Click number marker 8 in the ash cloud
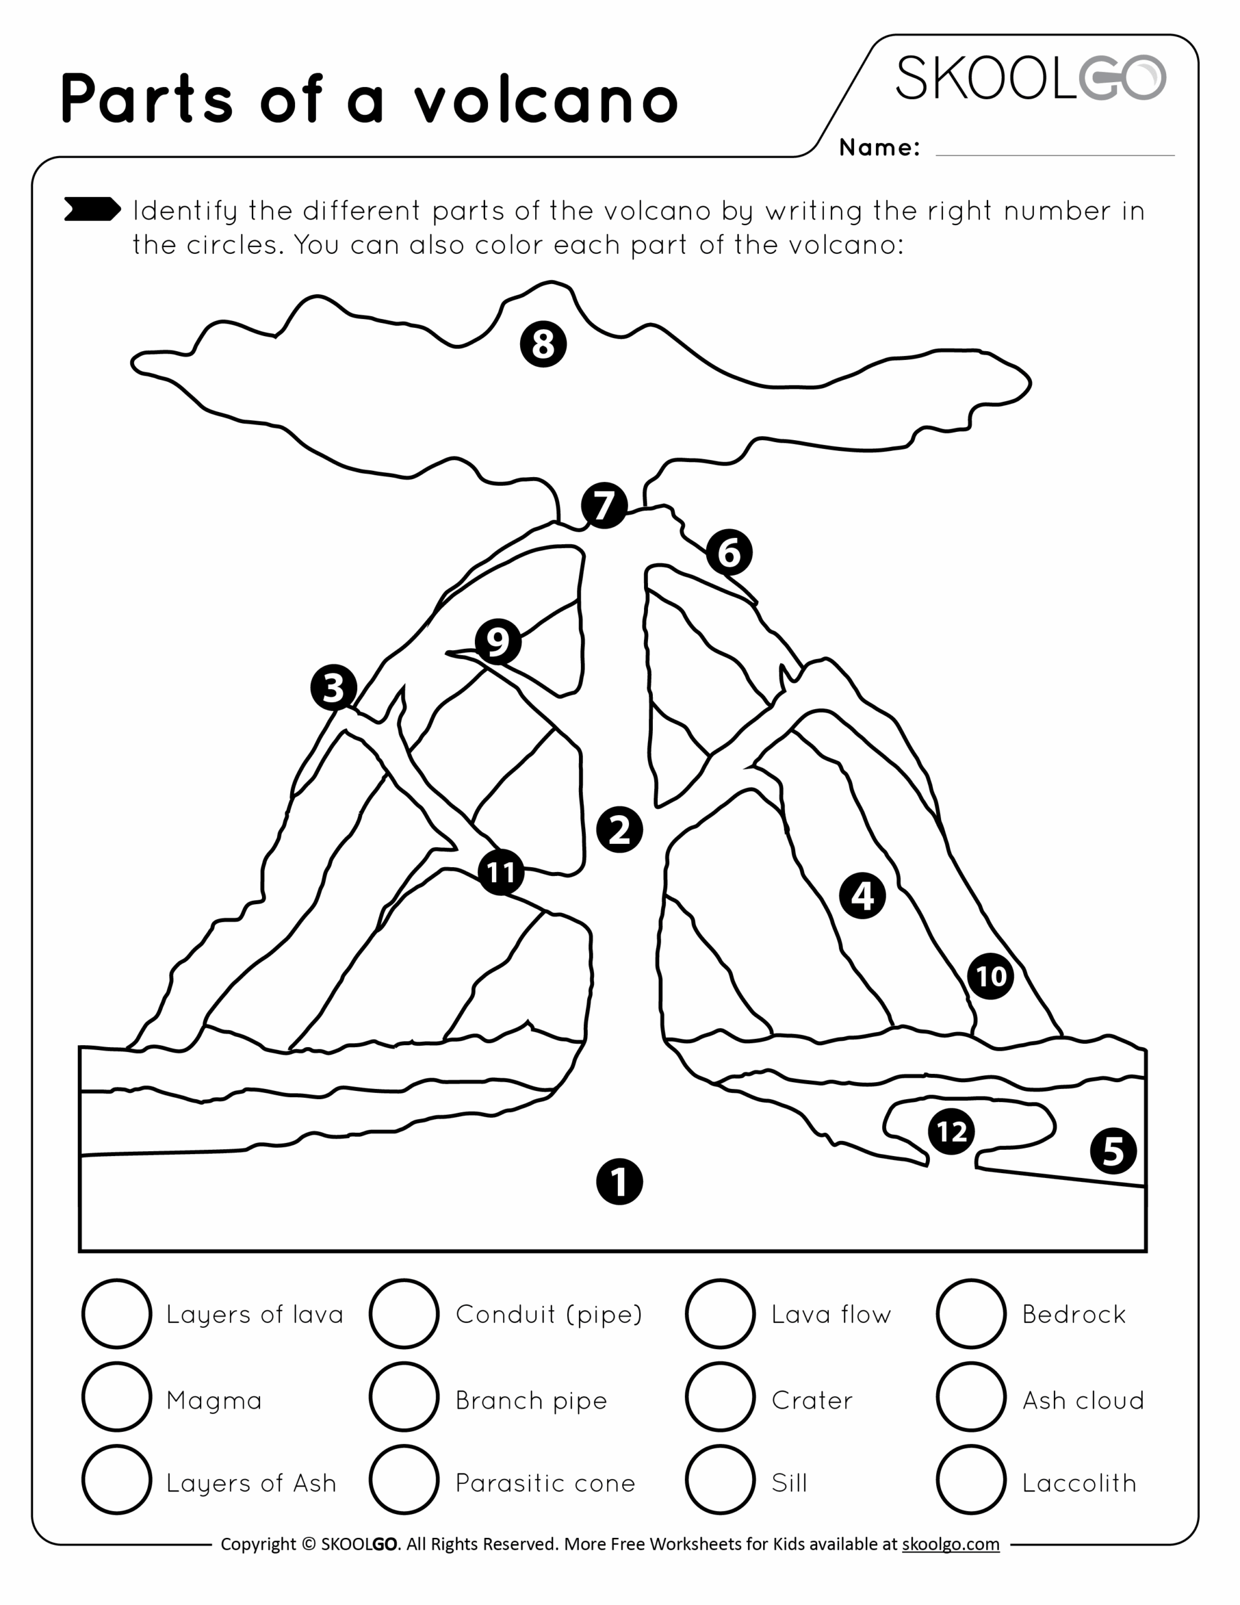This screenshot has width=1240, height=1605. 543,343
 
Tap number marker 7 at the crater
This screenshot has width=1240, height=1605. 604,505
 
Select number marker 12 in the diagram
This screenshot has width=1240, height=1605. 951,1131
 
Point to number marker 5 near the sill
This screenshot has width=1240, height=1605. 1113,1151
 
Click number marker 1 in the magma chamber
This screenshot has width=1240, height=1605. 619,1182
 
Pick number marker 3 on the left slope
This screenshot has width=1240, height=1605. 333,688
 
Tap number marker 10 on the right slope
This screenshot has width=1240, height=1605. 990,976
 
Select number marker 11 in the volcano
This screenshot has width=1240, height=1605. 501,872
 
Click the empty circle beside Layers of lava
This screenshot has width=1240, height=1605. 117,1314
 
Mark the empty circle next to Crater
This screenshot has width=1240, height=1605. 720,1397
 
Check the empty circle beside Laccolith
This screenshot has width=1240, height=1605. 971,1480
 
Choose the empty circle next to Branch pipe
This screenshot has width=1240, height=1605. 404,1397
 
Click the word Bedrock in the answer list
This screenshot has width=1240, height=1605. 1073,1314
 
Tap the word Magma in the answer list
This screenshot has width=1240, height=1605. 214,1400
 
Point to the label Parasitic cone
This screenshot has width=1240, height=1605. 545,1483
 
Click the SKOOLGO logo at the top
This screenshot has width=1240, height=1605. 1030,78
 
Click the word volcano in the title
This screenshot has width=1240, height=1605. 545,99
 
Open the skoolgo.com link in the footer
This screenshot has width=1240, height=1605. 950,1544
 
